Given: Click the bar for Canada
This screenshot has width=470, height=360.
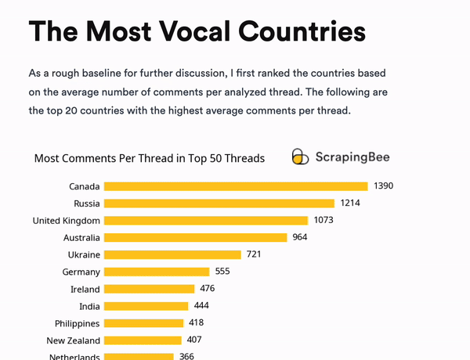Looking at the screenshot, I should pos(235,186).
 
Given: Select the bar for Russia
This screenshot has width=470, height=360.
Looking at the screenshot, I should pos(219,203).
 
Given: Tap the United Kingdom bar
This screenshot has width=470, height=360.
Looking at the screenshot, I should pos(206,221).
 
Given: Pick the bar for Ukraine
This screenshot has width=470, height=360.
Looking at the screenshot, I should pos(172,254).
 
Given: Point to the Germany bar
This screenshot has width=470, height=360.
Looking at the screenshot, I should pos(157,272).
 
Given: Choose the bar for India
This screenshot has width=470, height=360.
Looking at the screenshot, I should pos(146,306).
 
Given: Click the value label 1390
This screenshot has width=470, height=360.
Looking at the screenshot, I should pos(383,186).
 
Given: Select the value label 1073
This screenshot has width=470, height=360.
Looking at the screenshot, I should pos(324,221).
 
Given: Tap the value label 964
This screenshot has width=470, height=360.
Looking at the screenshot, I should pos(300,237).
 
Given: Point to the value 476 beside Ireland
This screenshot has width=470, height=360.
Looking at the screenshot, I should pos(207,289).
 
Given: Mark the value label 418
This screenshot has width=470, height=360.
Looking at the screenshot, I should pos(196,323).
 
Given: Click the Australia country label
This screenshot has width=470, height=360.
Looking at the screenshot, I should pos(81,238).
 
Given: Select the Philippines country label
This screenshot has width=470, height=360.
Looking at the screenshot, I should pos(77,324).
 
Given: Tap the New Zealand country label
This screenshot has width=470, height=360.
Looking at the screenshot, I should pos(73,341).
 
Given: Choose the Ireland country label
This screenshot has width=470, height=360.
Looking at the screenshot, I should pos(85,290).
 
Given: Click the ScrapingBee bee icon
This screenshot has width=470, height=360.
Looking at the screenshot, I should pos(300,157).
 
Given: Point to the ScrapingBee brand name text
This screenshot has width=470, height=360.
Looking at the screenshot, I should pos(352,157).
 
